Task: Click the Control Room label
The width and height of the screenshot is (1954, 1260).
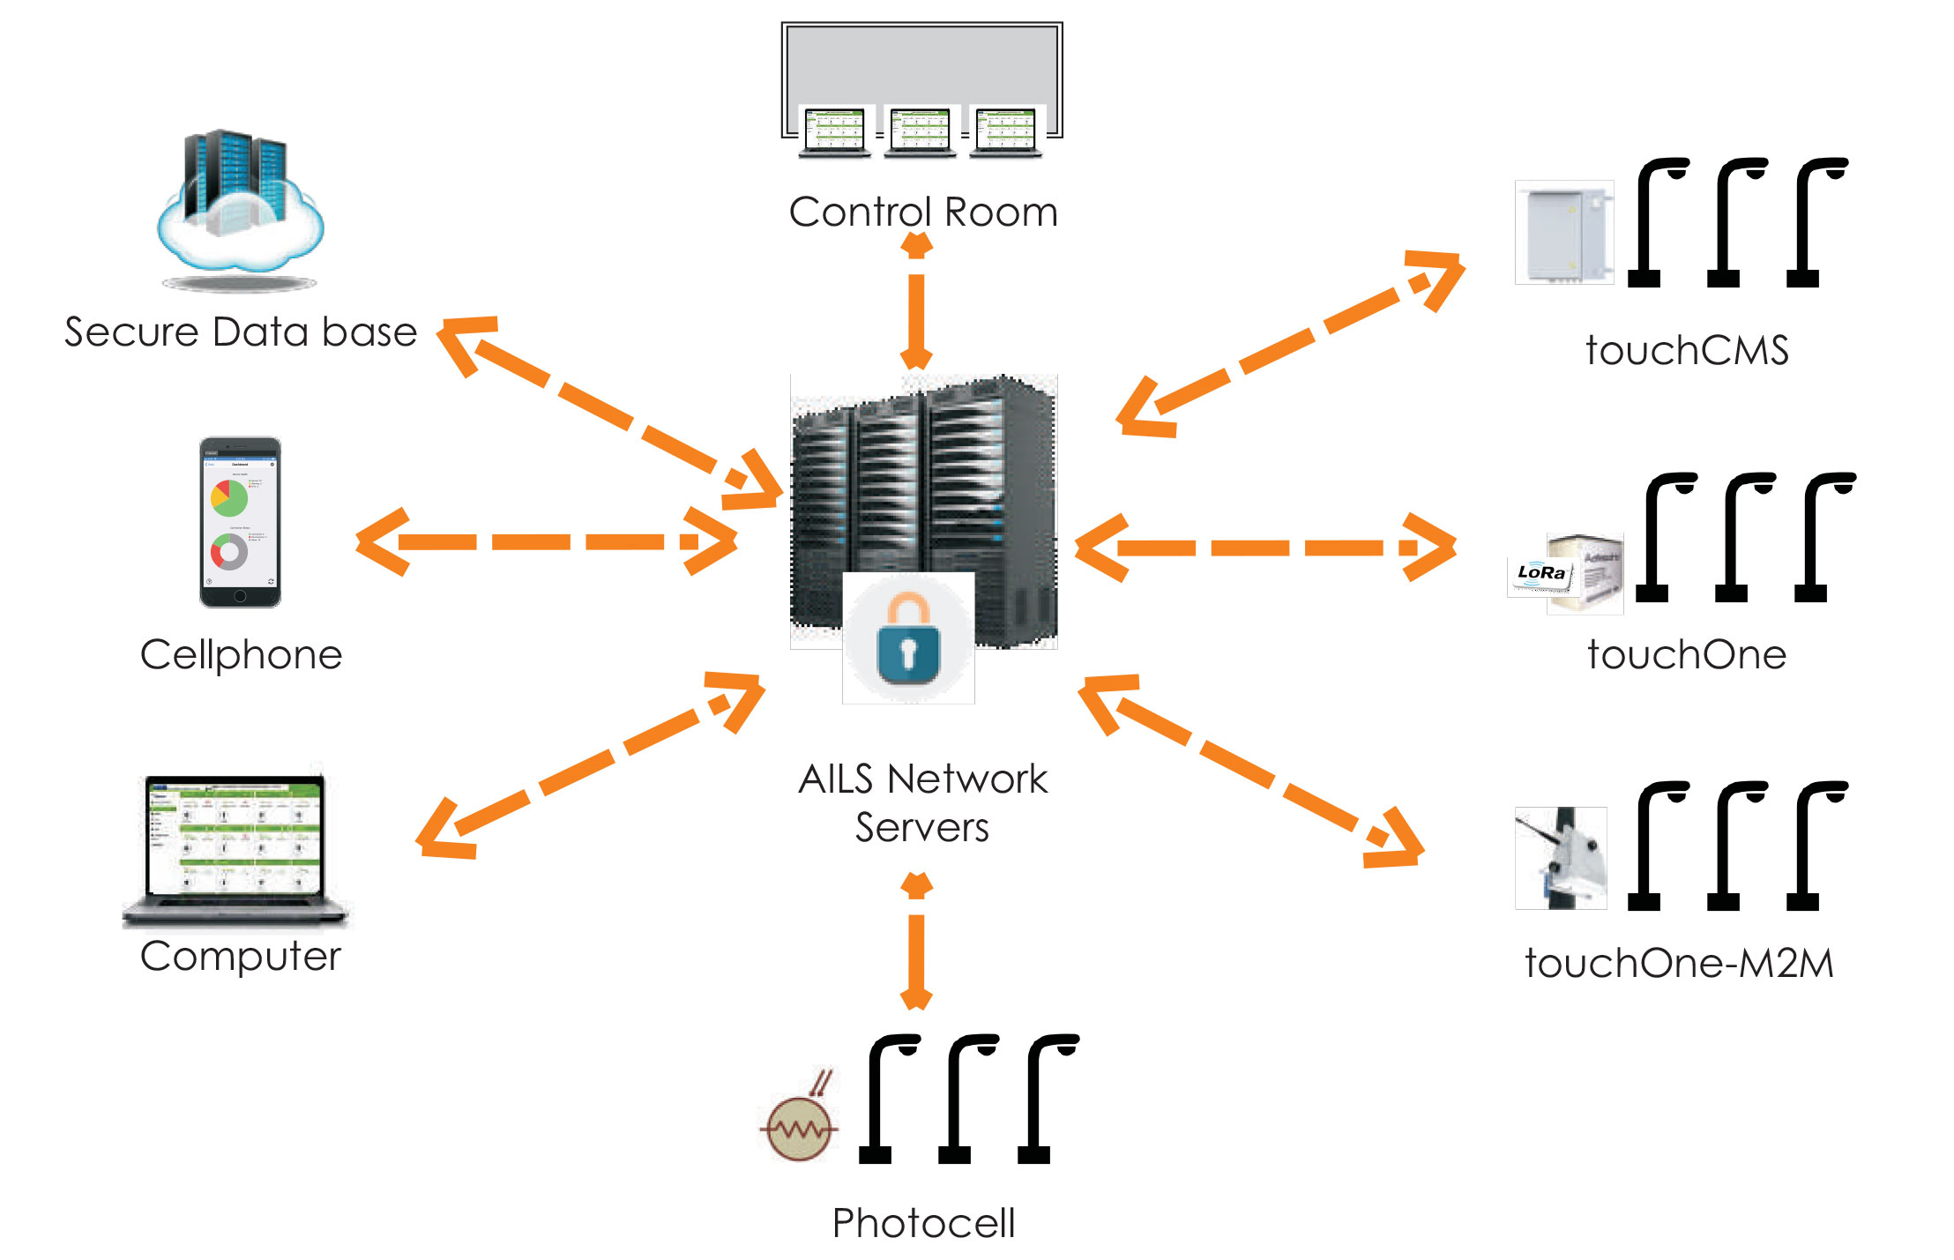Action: pyautogui.click(x=922, y=212)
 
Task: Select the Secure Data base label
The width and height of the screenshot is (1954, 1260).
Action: pyautogui.click(x=241, y=332)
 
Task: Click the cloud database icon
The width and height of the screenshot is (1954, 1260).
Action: pyautogui.click(x=240, y=207)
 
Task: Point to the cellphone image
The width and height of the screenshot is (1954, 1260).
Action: pyautogui.click(x=240, y=522)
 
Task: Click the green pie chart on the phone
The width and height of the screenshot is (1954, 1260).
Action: pyautogui.click(x=229, y=498)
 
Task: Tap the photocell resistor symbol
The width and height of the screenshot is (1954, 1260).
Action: pyautogui.click(x=800, y=1126)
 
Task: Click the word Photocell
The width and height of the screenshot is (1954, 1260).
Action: pyautogui.click(x=923, y=1223)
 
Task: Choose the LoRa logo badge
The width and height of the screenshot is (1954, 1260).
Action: pyautogui.click(x=1540, y=573)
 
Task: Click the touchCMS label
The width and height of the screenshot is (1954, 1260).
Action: pyautogui.click(x=1686, y=350)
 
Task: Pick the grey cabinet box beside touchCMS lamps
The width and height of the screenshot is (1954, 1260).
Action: pyautogui.click(x=1563, y=233)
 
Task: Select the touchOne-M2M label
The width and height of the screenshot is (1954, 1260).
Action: pyautogui.click(x=1679, y=963)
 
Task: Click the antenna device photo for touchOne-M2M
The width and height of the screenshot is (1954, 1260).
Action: pyautogui.click(x=1561, y=858)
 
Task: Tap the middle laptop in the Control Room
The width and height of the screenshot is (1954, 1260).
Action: pyautogui.click(x=920, y=132)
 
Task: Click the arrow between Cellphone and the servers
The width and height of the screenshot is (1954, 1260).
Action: pyautogui.click(x=546, y=541)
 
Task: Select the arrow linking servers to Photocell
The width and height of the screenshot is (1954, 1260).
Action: pyautogui.click(x=916, y=942)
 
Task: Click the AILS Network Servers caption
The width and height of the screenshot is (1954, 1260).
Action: pyautogui.click(x=922, y=802)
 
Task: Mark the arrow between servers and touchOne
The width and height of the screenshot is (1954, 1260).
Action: pyautogui.click(x=1264, y=548)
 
